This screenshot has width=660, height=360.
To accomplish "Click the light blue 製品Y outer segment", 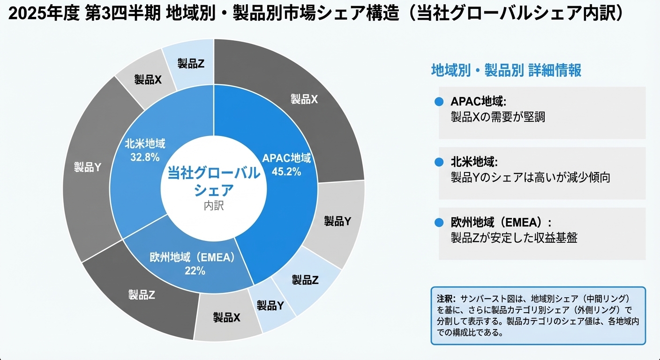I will pyautogui.click(x=270, y=306).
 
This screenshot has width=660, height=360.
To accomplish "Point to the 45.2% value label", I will pyautogui.click(x=286, y=172).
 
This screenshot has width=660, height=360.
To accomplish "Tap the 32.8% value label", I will pyautogui.click(x=145, y=157).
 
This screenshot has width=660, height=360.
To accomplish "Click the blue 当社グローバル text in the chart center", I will pyautogui.click(x=214, y=173).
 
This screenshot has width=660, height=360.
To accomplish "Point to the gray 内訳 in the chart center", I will pyautogui.click(x=214, y=206).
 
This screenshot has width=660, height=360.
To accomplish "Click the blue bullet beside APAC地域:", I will pyautogui.click(x=439, y=102).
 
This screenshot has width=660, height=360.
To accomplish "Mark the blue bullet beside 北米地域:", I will pyautogui.click(x=439, y=162).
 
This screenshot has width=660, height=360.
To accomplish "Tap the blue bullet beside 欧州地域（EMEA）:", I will pyautogui.click(x=439, y=223).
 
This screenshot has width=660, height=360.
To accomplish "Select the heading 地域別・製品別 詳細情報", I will pyautogui.click(x=506, y=71).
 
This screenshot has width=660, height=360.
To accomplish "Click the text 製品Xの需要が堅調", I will pyautogui.click(x=498, y=117).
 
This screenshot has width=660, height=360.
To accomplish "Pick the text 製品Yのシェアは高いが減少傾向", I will pyautogui.click(x=530, y=178).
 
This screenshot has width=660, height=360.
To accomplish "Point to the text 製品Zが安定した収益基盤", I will pyautogui.click(x=514, y=238).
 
